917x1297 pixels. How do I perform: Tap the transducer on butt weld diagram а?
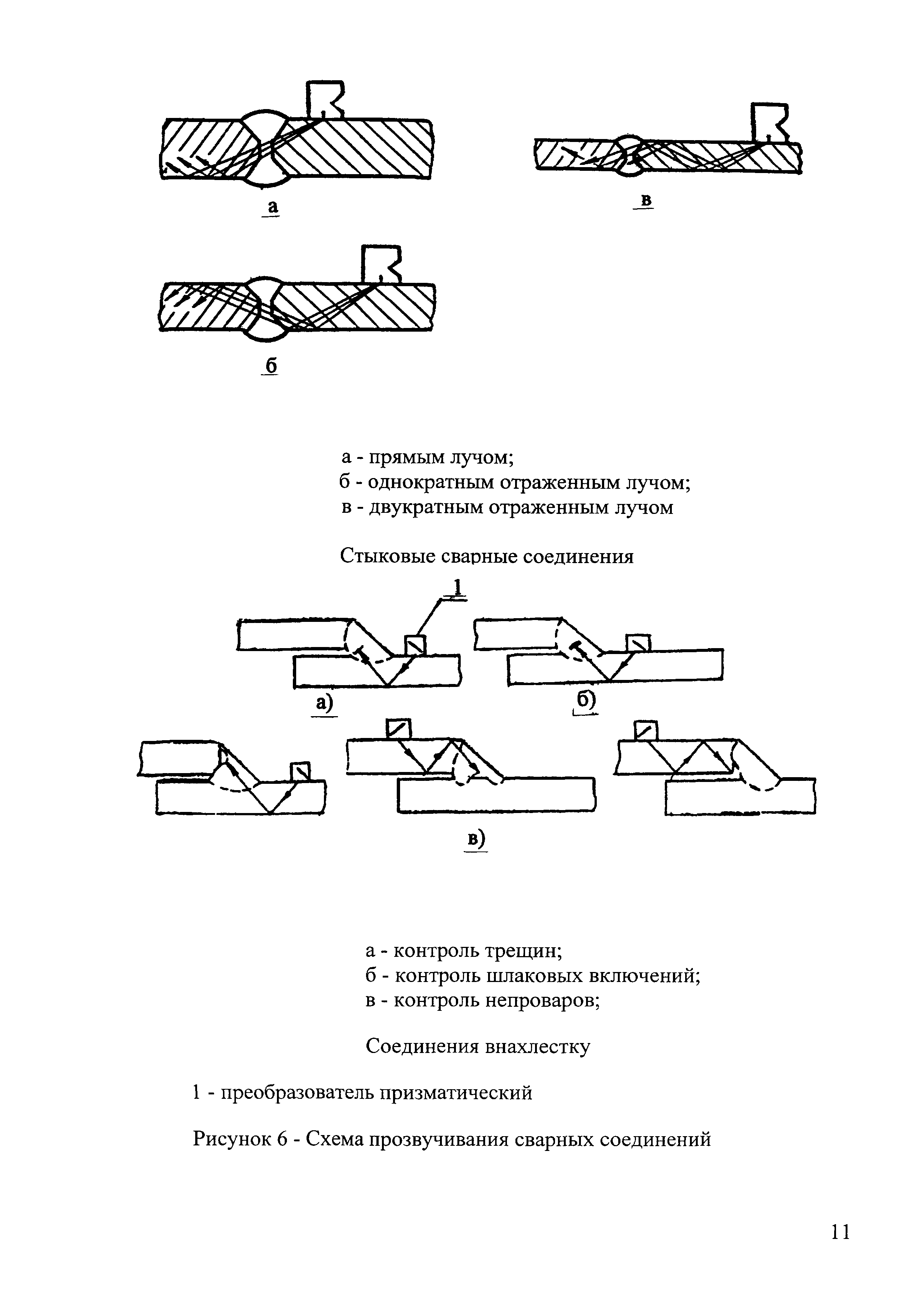324,99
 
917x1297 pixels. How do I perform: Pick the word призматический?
456,1093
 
